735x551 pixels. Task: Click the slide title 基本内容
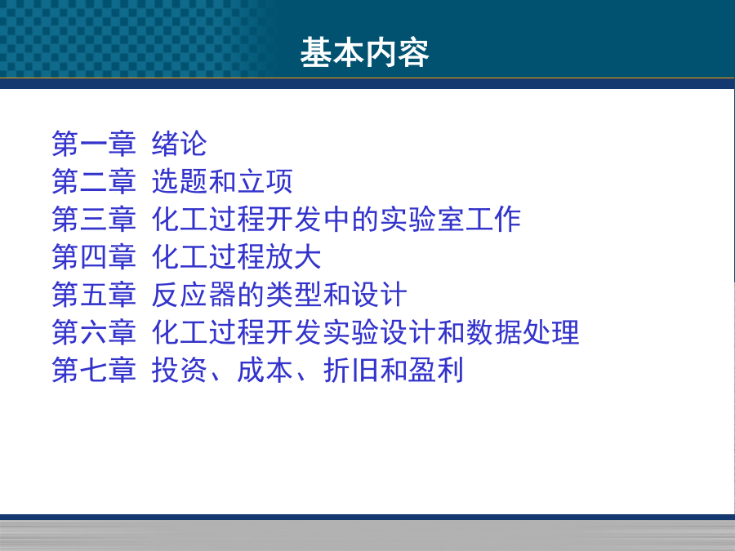tap(365, 52)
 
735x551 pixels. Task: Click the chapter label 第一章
tap(94, 144)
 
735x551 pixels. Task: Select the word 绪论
tap(180, 144)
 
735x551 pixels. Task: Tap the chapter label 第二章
tap(94, 181)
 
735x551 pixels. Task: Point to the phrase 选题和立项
tap(223, 181)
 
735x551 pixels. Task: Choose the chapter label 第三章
tap(94, 220)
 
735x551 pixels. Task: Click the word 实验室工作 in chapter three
tap(451, 220)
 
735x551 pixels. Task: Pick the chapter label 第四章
tap(94, 257)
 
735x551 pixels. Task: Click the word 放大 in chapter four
tap(293, 257)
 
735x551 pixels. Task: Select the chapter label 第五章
tap(94, 295)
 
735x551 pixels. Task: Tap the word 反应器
tap(194, 295)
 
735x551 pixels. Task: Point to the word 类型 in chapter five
tap(293, 295)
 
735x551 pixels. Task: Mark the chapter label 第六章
tap(94, 333)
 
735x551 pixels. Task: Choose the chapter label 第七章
tap(94, 370)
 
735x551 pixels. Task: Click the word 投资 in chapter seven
tap(180, 370)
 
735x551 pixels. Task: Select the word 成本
tap(265, 370)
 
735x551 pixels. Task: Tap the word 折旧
tap(350, 370)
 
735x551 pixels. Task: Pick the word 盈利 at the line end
tap(435, 370)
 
